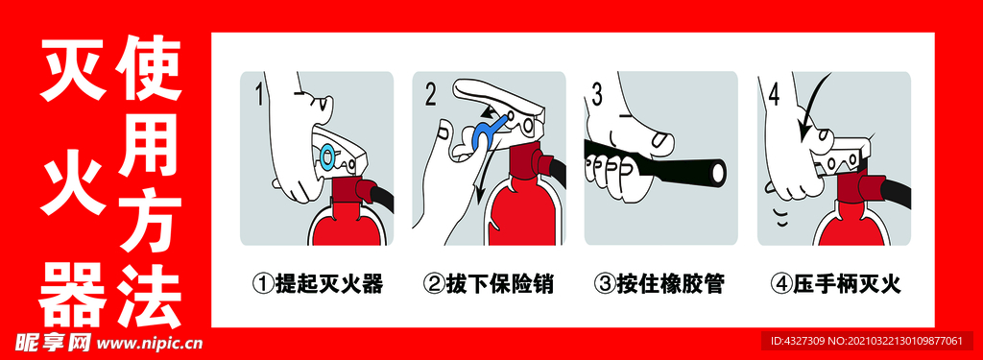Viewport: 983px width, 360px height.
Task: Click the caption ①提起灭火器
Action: click(x=317, y=285)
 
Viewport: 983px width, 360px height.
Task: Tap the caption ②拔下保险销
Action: click(x=489, y=285)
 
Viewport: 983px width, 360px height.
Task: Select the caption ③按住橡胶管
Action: click(x=659, y=285)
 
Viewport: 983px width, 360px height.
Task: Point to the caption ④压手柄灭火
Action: click(x=835, y=285)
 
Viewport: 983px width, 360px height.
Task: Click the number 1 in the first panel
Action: click(x=258, y=95)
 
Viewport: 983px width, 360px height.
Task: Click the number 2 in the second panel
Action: click(x=431, y=94)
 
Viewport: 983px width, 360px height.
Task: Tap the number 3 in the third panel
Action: click(x=597, y=94)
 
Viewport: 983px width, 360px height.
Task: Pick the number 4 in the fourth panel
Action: click(x=775, y=94)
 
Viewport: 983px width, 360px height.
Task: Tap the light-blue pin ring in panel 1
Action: click(x=327, y=155)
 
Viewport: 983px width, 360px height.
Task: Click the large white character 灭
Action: click(x=73, y=68)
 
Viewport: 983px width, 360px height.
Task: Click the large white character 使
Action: click(x=151, y=68)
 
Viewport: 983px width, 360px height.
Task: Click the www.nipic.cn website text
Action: click(x=151, y=343)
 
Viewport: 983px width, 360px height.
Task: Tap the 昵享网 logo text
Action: click(x=53, y=343)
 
